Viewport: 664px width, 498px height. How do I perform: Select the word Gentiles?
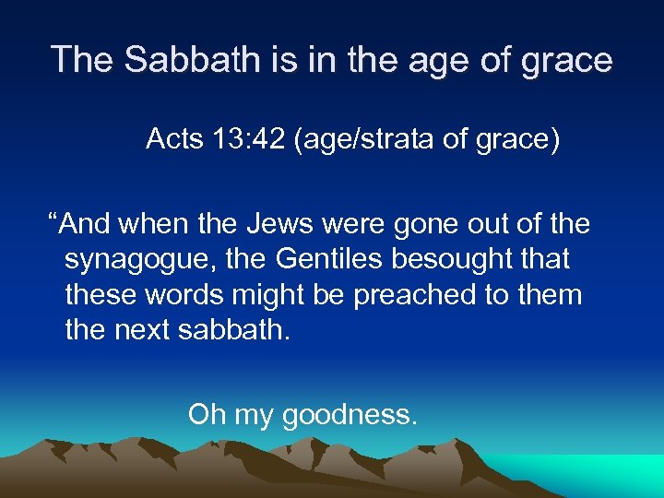click(334, 259)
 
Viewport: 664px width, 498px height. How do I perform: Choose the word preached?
click(411, 294)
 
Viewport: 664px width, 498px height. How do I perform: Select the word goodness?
click(350, 415)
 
